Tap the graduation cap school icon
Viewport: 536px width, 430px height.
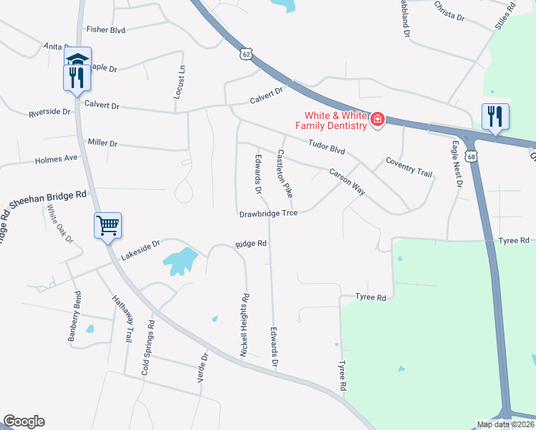(x=77, y=57)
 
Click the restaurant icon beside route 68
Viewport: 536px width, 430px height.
(x=495, y=116)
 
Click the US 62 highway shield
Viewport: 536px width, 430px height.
(x=247, y=54)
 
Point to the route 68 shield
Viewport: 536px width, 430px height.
(x=470, y=156)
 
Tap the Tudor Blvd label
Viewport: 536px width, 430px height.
(x=327, y=147)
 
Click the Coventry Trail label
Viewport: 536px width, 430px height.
(x=409, y=167)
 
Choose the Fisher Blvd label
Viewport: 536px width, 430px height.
(x=106, y=29)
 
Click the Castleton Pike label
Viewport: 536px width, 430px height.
(x=284, y=173)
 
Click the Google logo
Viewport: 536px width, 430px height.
(x=24, y=421)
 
